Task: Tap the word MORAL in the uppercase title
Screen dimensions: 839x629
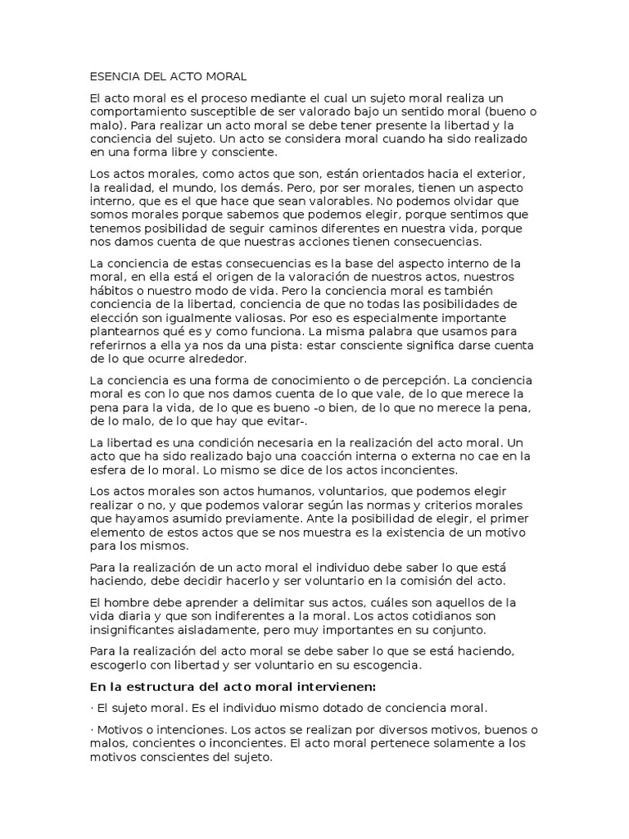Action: (225, 76)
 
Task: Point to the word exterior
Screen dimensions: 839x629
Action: (499, 177)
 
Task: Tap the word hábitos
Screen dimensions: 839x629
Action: (111, 290)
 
